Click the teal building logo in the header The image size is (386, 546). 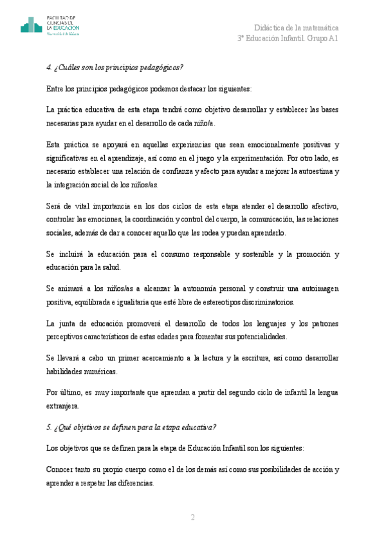pos(31,26)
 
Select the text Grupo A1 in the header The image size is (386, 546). pos(322,39)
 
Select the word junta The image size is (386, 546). pos(73,323)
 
